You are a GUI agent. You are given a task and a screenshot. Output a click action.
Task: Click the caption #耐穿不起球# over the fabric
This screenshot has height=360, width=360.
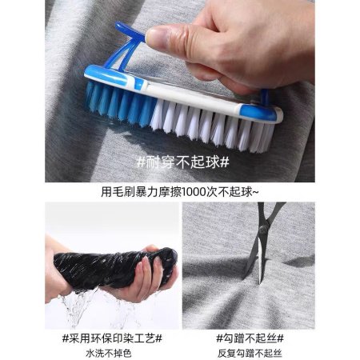click(x=182, y=162)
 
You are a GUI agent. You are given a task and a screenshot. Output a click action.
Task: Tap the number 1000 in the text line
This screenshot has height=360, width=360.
click(x=194, y=192)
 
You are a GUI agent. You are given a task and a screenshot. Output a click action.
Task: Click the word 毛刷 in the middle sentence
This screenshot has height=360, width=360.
click(x=118, y=192)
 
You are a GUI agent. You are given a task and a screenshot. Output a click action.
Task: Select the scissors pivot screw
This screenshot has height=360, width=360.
click(x=264, y=229)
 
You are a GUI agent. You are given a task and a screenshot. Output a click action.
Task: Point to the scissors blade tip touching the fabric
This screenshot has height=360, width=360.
click(x=259, y=282)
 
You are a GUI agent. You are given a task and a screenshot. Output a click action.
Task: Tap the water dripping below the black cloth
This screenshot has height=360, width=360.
click(x=80, y=306)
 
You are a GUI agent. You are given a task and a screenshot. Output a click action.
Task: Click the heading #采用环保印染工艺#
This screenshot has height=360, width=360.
click(x=112, y=338)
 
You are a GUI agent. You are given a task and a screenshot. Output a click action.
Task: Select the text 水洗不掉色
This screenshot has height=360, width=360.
click(x=109, y=354)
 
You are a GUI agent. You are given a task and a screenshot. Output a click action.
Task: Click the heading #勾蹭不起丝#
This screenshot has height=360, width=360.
click(x=250, y=338)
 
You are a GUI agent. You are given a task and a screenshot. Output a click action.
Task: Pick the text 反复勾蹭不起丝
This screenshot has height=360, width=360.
click(x=250, y=354)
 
